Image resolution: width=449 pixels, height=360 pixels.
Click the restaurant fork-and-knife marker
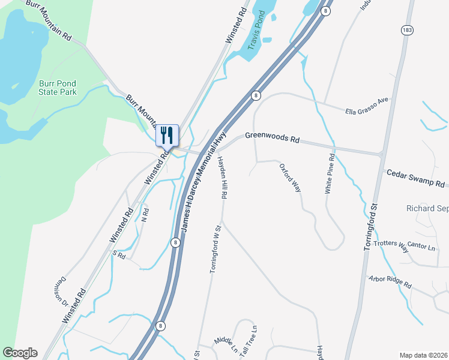click(x=167, y=136)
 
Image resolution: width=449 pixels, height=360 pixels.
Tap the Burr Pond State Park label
click(x=58, y=88)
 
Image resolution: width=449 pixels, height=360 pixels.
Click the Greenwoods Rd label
click(x=273, y=139)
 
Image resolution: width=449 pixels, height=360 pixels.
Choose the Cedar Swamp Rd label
click(x=415, y=178)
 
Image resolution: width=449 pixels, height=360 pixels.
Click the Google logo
click(x=20, y=353)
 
